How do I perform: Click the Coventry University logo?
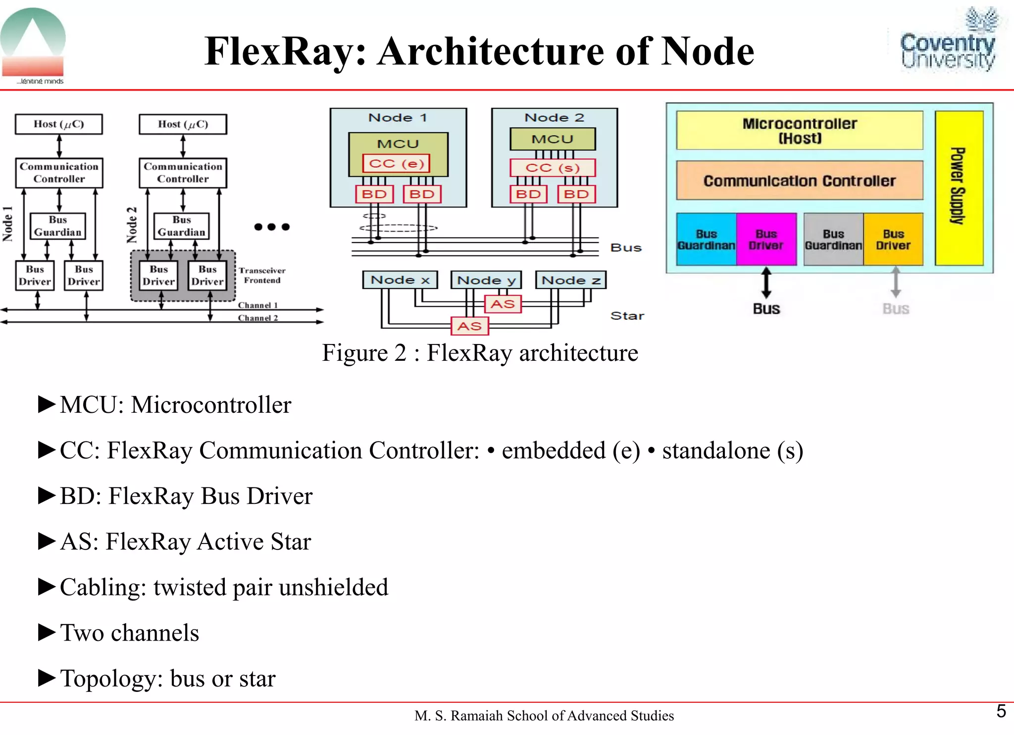coord(948,43)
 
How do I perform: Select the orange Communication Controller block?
coord(799,181)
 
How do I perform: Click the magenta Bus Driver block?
coord(766,240)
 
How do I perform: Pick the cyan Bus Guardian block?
coord(706,240)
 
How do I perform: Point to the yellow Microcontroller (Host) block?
coord(799,131)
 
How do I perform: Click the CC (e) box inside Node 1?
coord(396,163)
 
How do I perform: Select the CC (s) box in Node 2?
coord(553,168)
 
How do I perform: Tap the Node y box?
coord(486,280)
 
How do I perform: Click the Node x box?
coord(400,280)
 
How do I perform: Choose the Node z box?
coord(571,280)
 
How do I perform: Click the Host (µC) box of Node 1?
coord(59,124)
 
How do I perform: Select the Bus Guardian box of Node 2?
coord(181,226)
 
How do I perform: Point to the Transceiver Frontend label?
coord(262,275)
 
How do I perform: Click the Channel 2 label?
coord(257,318)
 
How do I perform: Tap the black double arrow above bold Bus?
coord(766,283)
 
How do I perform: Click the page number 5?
coord(1001,711)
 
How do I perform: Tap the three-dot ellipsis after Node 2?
coord(271,227)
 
